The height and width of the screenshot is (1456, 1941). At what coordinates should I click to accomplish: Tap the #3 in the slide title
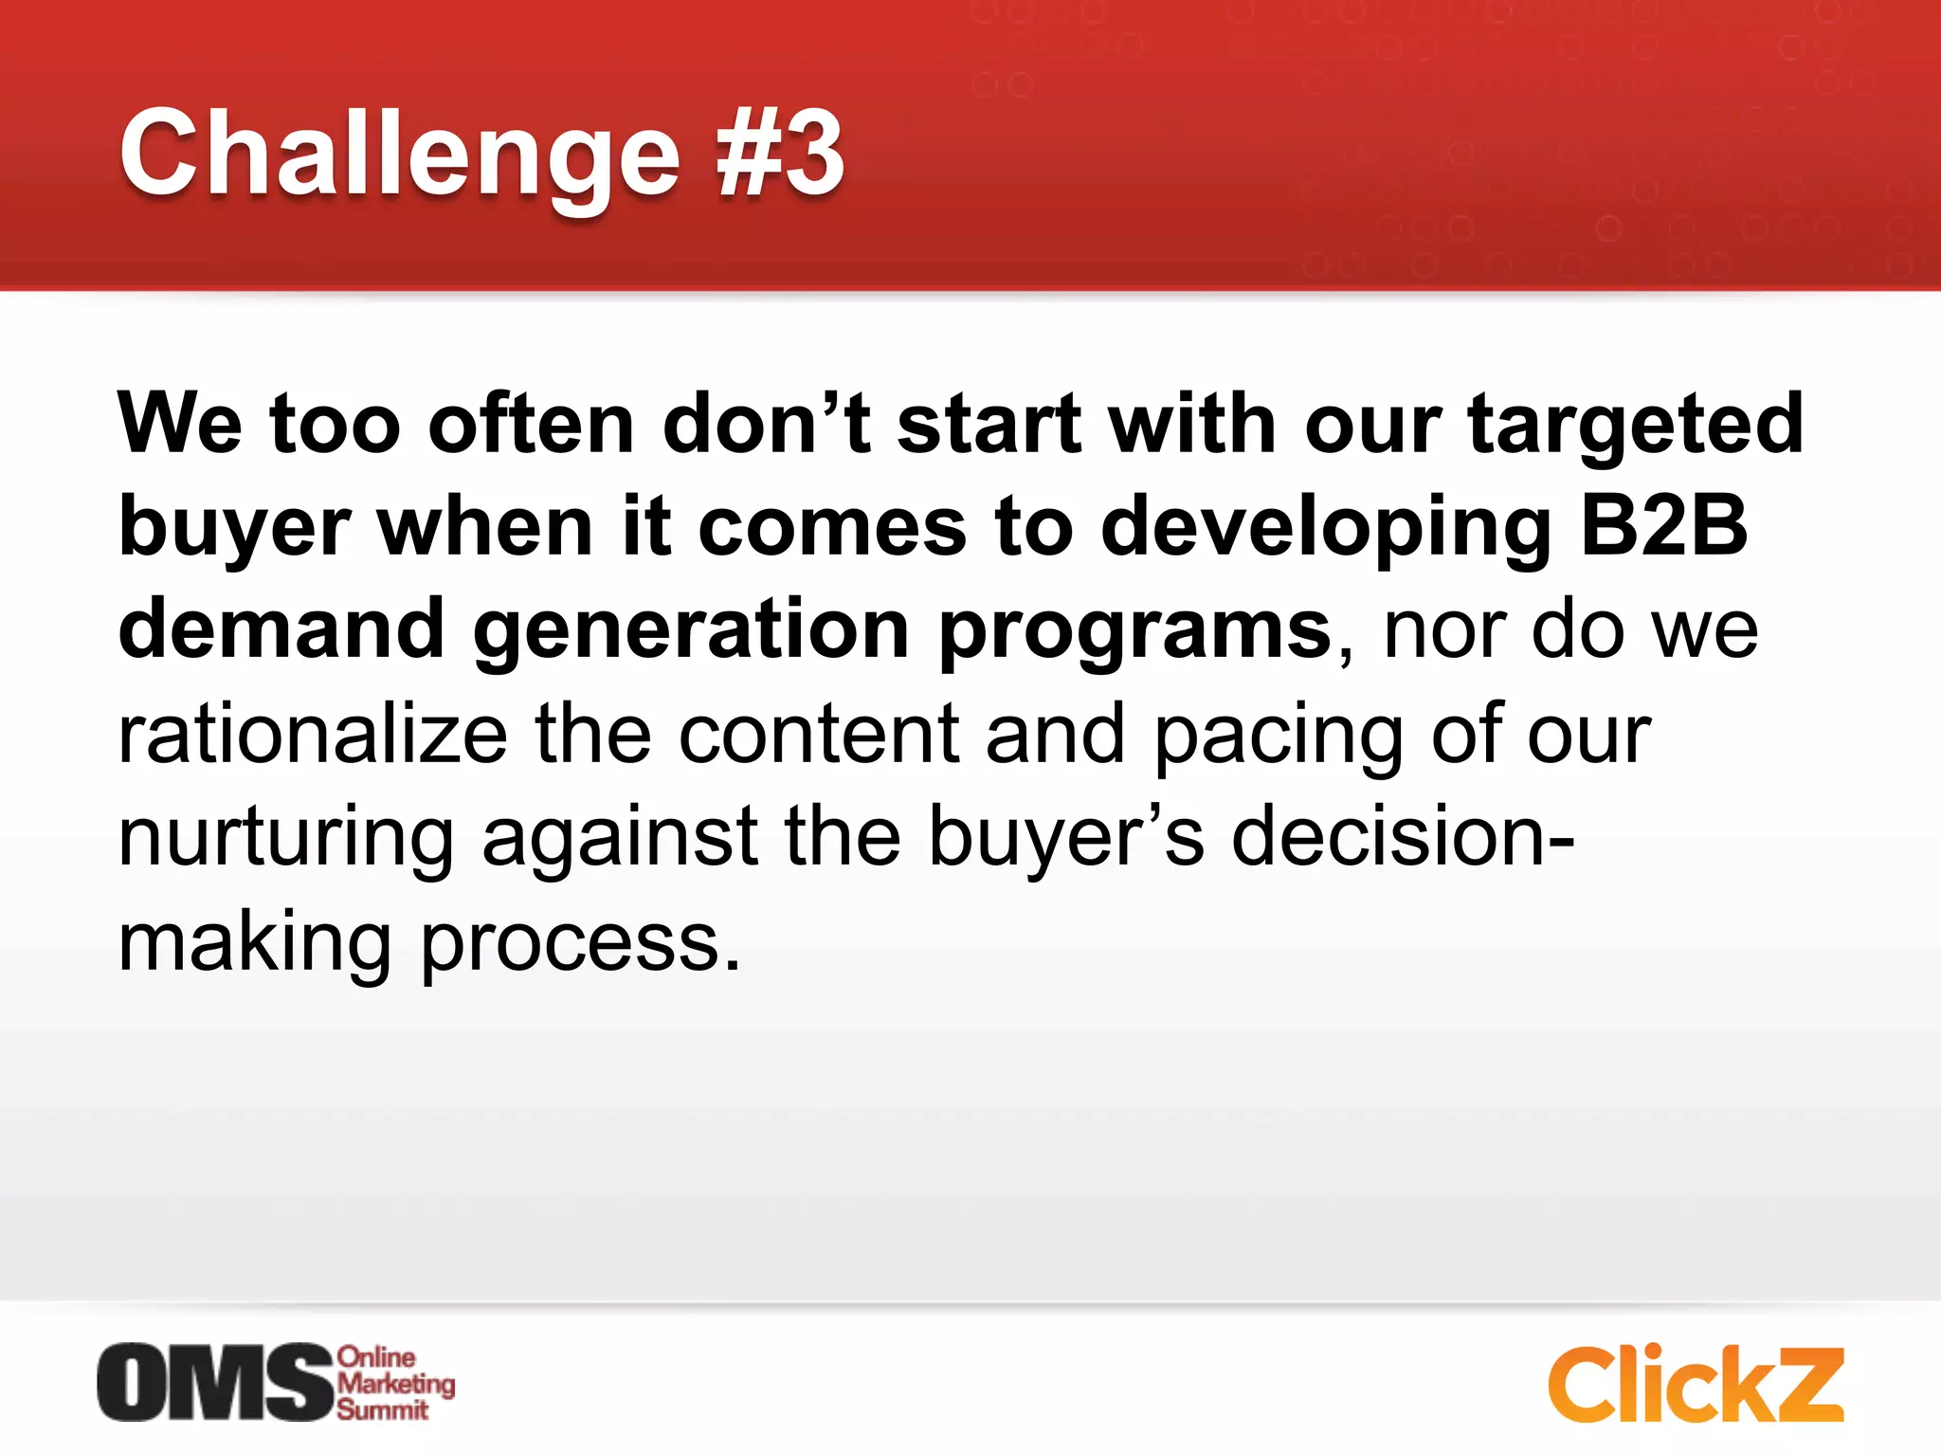pos(780,154)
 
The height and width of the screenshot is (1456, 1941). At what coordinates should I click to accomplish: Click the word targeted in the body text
pos(1635,424)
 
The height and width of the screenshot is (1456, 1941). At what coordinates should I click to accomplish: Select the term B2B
pos(1663,526)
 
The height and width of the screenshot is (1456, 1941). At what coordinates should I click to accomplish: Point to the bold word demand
pos(281,628)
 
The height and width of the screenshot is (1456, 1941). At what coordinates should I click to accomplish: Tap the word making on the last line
pos(254,943)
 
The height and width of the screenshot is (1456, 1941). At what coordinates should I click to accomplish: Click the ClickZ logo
pos(1695,1384)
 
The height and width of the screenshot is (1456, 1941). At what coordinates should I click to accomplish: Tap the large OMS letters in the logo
pos(215,1383)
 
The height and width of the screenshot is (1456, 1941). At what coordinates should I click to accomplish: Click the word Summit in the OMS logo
pos(382,1410)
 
